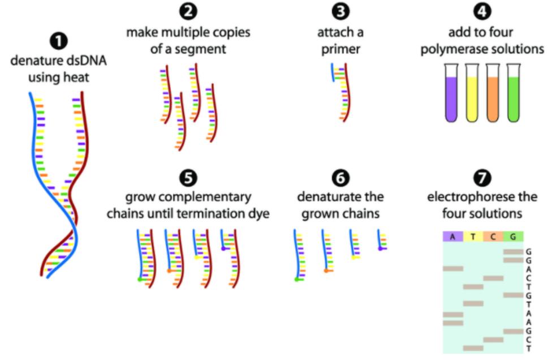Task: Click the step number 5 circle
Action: (x=187, y=178)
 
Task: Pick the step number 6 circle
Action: (x=340, y=178)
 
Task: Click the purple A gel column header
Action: (x=452, y=236)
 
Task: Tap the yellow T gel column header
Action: (x=473, y=236)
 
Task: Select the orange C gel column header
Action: (x=493, y=236)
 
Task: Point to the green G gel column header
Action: (x=514, y=236)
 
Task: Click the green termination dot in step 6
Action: (x=296, y=278)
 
